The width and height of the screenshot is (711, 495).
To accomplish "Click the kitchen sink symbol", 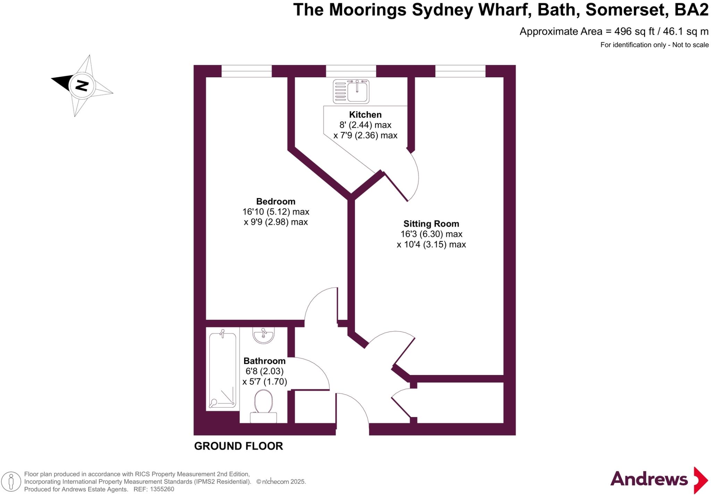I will [351, 92].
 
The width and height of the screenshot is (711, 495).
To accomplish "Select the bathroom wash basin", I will [264, 335].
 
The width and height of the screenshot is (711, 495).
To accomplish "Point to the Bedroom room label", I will [276, 202].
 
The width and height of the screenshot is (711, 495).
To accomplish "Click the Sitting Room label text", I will [431, 224].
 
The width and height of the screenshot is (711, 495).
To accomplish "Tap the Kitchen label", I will [365, 115].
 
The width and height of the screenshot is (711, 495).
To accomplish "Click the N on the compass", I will [82, 85].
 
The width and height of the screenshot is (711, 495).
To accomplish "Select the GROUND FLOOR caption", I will [239, 446].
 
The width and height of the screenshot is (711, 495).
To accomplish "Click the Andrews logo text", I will [649, 479].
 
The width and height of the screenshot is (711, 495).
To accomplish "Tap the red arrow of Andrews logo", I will [701, 480].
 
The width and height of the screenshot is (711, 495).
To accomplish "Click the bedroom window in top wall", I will [246, 71].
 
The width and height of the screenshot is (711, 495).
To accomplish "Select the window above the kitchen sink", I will [351, 71].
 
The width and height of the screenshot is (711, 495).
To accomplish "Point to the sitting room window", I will [460, 71].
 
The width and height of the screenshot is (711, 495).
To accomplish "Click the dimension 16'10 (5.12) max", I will [276, 212].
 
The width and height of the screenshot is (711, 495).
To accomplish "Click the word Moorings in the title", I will [368, 10].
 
